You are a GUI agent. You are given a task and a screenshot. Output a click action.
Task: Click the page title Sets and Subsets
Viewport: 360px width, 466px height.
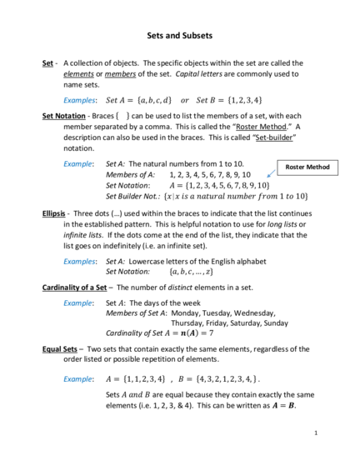pyautogui.click(x=179, y=36)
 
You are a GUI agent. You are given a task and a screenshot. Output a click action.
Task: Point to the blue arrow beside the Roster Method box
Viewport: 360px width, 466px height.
pyautogui.click(x=271, y=173)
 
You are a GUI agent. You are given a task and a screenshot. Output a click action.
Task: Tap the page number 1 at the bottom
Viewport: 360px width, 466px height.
pyautogui.click(x=316, y=433)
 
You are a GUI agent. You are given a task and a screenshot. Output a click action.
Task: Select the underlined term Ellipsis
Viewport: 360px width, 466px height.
pyautogui.click(x=53, y=213)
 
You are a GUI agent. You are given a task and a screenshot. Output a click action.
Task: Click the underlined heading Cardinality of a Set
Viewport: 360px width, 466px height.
pyautogui.click(x=74, y=288)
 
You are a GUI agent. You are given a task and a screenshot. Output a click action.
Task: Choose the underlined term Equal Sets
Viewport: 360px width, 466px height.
pyautogui.click(x=60, y=349)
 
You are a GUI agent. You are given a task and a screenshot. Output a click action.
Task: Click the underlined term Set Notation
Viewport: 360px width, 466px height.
pyautogui.click(x=64, y=116)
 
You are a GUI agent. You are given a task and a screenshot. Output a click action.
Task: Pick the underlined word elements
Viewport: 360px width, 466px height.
pyautogui.click(x=78, y=74)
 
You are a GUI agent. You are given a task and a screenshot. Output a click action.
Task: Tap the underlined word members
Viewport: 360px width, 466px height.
pyautogui.click(x=120, y=74)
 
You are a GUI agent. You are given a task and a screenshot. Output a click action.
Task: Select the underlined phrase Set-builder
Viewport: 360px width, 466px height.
pyautogui.click(x=274, y=138)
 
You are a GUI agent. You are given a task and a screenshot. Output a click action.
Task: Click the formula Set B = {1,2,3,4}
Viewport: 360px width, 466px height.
pyautogui.click(x=229, y=100)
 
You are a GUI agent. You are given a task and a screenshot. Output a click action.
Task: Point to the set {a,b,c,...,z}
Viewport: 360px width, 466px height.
pyautogui.click(x=192, y=272)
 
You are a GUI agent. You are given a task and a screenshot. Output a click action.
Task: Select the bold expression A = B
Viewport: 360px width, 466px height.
pyautogui.click(x=283, y=406)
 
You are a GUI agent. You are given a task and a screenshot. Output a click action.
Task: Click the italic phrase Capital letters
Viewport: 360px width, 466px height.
pyautogui.click(x=198, y=74)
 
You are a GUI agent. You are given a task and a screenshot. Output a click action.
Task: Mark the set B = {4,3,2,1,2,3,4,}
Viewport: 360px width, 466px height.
pyautogui.click(x=219, y=379)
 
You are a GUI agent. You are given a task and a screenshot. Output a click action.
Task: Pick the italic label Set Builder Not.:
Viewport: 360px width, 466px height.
pyautogui.click(x=133, y=197)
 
